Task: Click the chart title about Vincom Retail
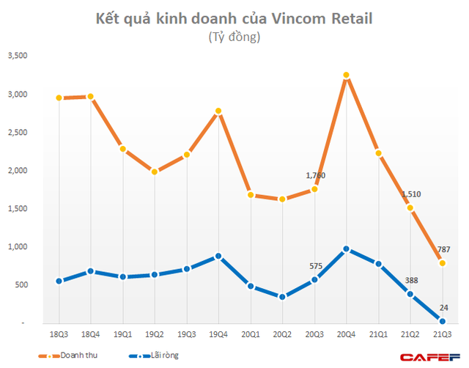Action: tap(234, 18)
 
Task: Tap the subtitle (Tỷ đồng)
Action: tap(234, 37)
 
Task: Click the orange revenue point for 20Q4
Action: tap(346, 75)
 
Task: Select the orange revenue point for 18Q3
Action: tap(58, 97)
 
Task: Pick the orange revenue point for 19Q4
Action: tap(218, 111)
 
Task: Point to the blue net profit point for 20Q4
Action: tap(346, 249)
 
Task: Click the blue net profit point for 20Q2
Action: tap(282, 297)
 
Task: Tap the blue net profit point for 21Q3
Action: tap(442, 320)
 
